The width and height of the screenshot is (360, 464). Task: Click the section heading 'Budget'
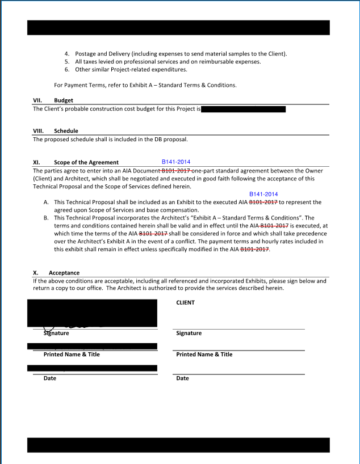point(64,100)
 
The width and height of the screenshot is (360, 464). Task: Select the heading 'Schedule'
point(66,131)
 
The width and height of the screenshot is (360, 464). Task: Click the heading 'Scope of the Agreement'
point(86,162)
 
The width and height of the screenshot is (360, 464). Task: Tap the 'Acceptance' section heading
point(64,273)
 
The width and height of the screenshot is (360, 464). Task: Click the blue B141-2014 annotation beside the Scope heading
point(176,162)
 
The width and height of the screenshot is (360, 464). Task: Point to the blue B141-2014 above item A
point(263,194)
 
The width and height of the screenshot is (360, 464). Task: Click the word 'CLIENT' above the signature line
point(186,302)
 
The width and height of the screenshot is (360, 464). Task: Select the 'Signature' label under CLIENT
point(189,333)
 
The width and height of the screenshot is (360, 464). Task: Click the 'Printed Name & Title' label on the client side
point(204,355)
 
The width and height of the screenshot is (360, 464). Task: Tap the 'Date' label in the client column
point(182,378)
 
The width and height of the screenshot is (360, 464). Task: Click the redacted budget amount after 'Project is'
point(243,109)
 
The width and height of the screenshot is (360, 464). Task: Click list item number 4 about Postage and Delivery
point(67,54)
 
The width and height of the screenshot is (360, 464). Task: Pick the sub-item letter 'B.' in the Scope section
point(46,218)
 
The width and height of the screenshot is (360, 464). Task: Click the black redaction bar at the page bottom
point(178,445)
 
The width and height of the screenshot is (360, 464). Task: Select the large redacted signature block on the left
point(93,313)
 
